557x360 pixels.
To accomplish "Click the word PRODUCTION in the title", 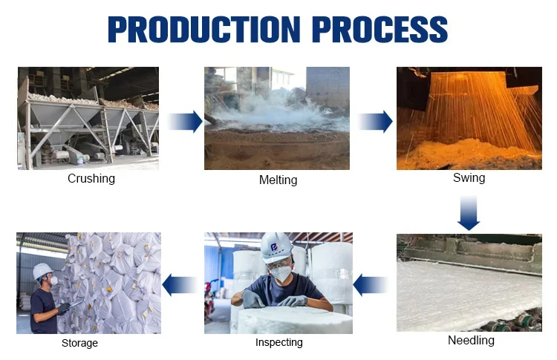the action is [x=204, y=29].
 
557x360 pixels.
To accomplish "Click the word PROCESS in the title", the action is [x=380, y=29].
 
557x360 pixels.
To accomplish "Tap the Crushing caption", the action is [x=91, y=179].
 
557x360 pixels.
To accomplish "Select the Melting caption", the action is [x=278, y=180].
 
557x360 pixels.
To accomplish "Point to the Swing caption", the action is [x=469, y=178].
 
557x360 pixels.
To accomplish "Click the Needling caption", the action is [x=471, y=340].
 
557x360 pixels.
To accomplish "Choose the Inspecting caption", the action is [x=279, y=342].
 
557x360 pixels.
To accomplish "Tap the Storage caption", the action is [x=79, y=343].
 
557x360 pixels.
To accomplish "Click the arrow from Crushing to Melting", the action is [x=185, y=122].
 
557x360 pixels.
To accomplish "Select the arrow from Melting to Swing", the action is [x=375, y=122].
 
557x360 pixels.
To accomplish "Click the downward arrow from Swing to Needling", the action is [x=469, y=213].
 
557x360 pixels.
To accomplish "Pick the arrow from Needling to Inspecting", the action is [x=370, y=285].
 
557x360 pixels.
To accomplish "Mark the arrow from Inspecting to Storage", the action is [x=180, y=285].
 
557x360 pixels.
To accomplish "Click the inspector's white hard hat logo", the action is [x=274, y=247].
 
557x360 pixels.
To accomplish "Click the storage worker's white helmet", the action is [x=42, y=272].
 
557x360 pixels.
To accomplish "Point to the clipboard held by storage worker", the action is [x=76, y=304].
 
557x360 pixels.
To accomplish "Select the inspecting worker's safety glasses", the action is [x=278, y=263].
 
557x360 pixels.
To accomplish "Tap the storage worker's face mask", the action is [x=53, y=281].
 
